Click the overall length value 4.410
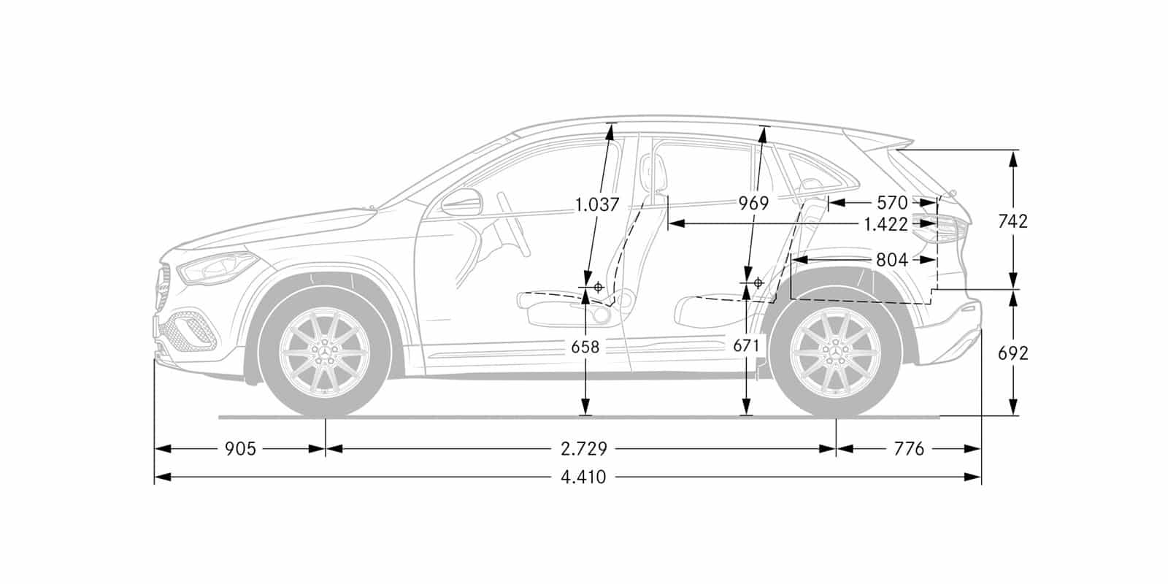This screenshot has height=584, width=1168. (583, 477)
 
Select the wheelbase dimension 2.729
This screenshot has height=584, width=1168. (584, 449)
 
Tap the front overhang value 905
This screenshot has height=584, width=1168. (240, 449)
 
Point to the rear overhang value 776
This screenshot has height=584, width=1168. (909, 449)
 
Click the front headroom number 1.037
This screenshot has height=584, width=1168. (597, 204)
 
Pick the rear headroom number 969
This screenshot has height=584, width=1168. (753, 204)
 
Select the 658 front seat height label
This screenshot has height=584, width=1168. (585, 347)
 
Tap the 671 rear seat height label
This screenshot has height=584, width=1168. (746, 346)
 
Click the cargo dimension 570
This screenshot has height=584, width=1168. (892, 202)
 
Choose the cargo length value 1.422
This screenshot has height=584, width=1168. (886, 225)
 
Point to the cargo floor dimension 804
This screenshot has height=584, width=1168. (892, 260)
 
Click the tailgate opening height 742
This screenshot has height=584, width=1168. (1013, 222)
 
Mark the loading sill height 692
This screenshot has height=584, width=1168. (1013, 353)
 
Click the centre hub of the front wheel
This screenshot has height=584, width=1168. (326, 353)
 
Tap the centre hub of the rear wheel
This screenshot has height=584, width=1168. (836, 353)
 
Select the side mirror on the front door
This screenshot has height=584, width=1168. (462, 202)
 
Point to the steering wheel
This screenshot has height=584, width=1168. (514, 224)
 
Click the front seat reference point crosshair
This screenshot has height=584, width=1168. (598, 287)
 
